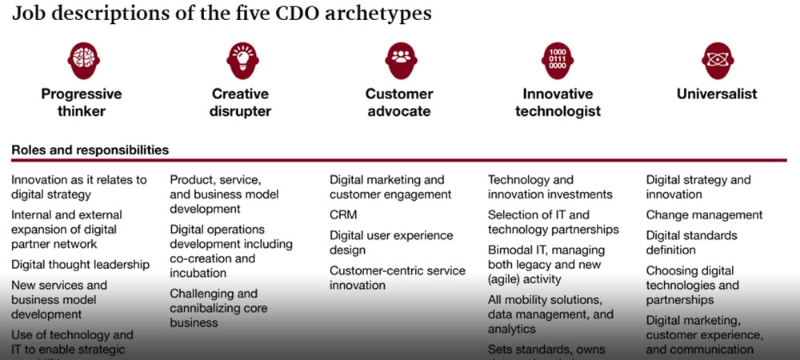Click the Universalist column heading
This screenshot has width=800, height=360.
pos(717,94)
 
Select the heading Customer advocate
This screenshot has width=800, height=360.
pos(399,102)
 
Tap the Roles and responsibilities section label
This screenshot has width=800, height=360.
pos(90,150)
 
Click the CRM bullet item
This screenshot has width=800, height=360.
pos(343,214)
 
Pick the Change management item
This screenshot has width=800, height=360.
pos(704,214)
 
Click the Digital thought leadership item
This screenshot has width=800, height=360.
pos(80,264)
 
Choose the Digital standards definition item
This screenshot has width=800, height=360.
pos(692,243)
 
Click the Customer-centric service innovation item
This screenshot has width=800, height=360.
pos(397,278)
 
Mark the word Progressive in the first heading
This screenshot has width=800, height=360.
pos(81,94)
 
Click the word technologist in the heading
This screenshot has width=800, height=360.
pos(558,111)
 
